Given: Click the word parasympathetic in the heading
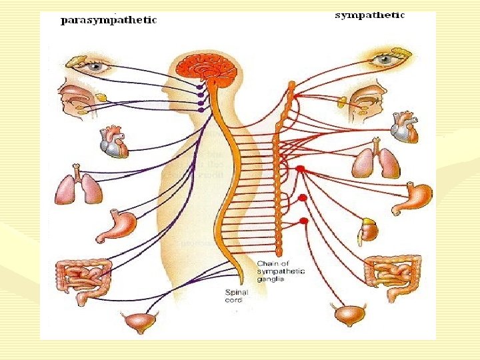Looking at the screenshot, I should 109,20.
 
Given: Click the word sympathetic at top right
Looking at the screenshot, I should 369,15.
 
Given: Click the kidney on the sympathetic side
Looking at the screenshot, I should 369,230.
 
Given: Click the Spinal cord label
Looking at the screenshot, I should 234,295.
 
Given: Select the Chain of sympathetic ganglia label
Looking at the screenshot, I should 281,272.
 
